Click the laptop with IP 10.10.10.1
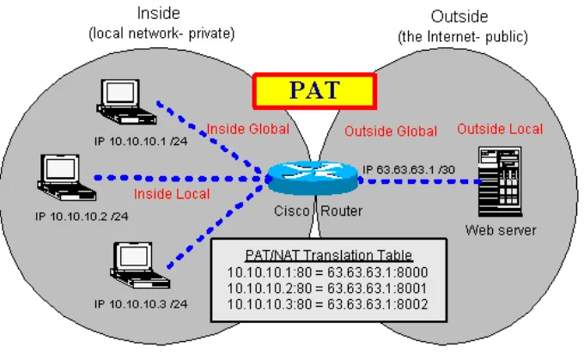point(117,101)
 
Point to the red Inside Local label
point(171,193)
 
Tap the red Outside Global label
point(390,131)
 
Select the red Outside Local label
point(499,129)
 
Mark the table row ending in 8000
point(326,272)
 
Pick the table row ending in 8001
point(326,288)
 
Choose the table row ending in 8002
point(326,304)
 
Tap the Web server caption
point(501,229)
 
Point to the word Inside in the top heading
point(161,15)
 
